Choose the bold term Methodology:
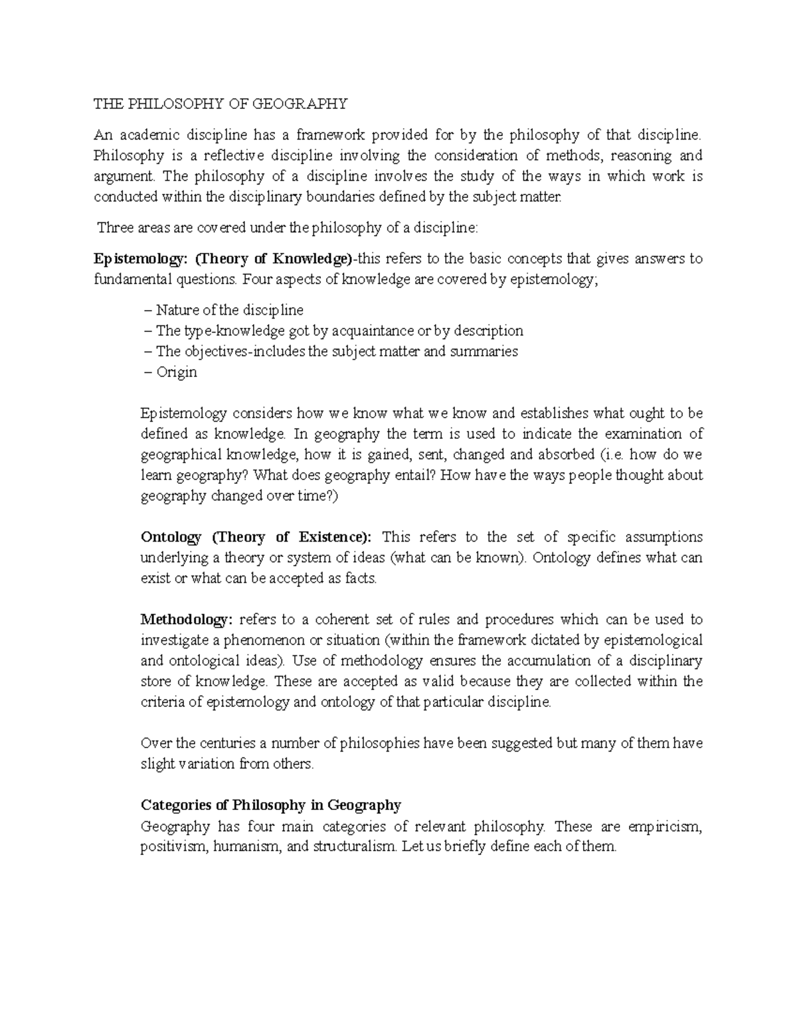pos(187,619)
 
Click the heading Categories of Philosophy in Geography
pos(271,805)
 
